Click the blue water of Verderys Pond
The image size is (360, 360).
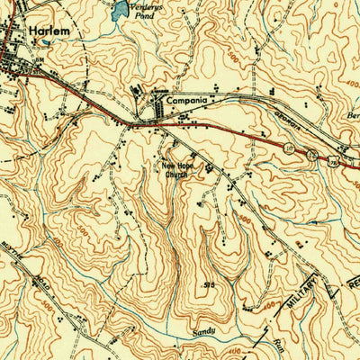(x=118, y=12)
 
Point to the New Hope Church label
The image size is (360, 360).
(x=177, y=170)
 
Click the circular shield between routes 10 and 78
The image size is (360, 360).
(x=309, y=155)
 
